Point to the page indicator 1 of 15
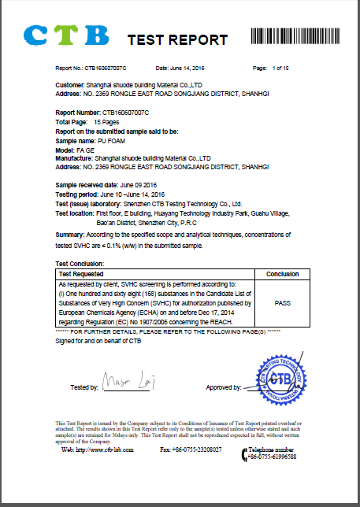279,69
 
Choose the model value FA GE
85,148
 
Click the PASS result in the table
282,302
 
